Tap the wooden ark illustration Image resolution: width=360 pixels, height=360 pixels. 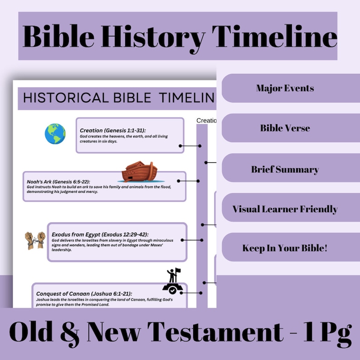[140, 170]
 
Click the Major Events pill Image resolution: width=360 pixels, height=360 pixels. [285, 88]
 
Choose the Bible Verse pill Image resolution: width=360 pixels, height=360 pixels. [285, 128]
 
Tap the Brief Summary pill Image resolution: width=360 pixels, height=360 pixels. [285, 170]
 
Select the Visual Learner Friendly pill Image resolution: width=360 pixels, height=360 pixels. [285, 209]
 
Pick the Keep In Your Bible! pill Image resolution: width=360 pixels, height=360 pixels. [285, 248]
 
